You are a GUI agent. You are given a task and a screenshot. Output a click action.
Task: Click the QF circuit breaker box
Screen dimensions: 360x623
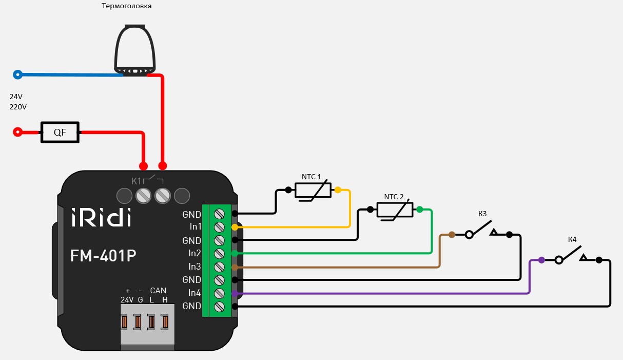[x=60, y=132]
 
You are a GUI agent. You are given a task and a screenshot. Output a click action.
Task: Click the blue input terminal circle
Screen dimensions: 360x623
[x=18, y=74]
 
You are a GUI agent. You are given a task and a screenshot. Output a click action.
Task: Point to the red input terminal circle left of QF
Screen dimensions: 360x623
[x=18, y=132]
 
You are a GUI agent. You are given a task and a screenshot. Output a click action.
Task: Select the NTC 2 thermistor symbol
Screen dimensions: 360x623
[x=395, y=210]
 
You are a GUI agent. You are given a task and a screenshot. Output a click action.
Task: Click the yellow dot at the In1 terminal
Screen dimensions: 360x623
[x=235, y=226]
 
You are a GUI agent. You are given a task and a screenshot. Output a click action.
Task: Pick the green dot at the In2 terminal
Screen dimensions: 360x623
[x=235, y=253]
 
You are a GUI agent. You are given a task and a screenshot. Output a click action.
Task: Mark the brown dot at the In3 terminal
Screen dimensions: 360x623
[x=235, y=267]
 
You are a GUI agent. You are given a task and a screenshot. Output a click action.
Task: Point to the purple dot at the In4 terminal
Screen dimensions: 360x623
[x=235, y=293]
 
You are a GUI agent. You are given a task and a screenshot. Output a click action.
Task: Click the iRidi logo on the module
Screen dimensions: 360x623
[x=101, y=217]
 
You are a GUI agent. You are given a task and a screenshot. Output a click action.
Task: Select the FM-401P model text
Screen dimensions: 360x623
[x=103, y=255]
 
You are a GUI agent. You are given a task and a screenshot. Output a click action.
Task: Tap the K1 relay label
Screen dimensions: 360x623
[x=136, y=181]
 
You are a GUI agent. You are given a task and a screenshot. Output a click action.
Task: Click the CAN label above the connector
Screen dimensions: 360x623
[x=158, y=291]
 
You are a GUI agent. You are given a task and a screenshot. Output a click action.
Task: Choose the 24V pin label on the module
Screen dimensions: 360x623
[x=127, y=299]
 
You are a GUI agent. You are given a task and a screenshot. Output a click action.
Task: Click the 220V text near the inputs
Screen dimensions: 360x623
[x=18, y=107]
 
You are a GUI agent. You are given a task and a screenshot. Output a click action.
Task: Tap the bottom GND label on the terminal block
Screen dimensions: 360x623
[x=191, y=306]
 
